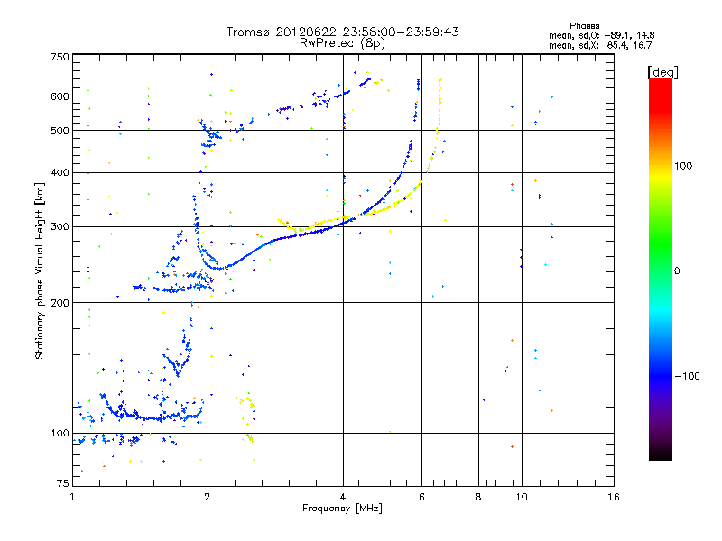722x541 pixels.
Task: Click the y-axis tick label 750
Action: click(x=60, y=57)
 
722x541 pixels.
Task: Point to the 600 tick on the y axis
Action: click(x=60, y=96)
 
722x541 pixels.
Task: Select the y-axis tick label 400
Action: click(x=60, y=172)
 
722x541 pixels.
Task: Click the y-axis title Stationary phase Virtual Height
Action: click(x=40, y=270)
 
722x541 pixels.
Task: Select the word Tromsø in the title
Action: click(x=250, y=32)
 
